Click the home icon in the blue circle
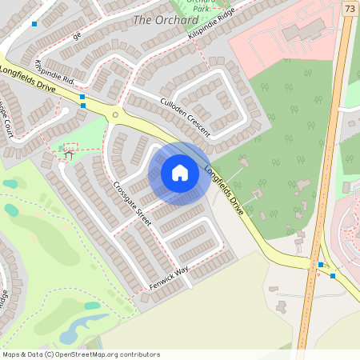pyautogui.click(x=180, y=173)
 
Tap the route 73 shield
pyautogui.click(x=350, y=9)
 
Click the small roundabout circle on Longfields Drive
pyautogui.click(x=115, y=115)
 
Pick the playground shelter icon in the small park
pyautogui.click(x=66, y=151)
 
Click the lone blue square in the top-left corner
pyautogui.click(x=34, y=24)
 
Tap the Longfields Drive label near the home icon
pyautogui.click(x=224, y=189)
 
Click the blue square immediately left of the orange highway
pyautogui.click(x=321, y=265)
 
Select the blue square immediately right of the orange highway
pyautogui.click(x=333, y=275)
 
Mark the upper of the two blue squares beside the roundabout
pyautogui.click(x=82, y=97)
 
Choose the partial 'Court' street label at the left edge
pyautogui.click(x=7, y=120)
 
